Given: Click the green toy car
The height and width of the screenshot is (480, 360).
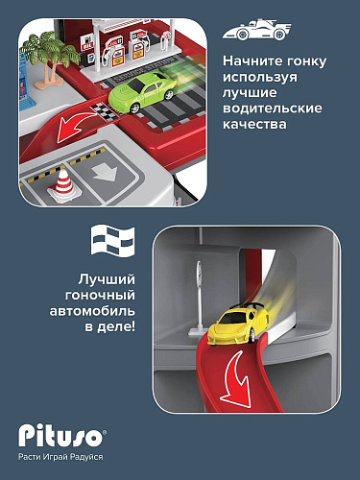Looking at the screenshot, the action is tap(142, 91).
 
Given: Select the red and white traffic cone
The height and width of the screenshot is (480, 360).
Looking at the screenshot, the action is tap(62, 186).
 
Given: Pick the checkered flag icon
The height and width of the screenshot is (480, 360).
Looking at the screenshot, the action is tap(112, 240).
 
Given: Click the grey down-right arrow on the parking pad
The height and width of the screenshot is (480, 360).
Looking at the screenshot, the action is tap(105, 173).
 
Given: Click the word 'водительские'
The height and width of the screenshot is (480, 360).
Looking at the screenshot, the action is tap(273, 108).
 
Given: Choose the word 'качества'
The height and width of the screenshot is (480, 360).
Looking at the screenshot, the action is tap(254, 124).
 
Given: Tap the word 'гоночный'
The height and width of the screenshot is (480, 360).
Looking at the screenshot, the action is tap(100, 295).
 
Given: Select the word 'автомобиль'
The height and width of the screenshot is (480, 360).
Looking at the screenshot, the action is tap(92, 311).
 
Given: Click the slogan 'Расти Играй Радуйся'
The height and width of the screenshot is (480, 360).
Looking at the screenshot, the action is tap(60, 457).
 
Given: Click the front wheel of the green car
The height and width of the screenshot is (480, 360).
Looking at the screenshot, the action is tap(135, 108).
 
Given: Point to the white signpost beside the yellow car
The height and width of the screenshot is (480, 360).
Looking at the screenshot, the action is tap(198, 298).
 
